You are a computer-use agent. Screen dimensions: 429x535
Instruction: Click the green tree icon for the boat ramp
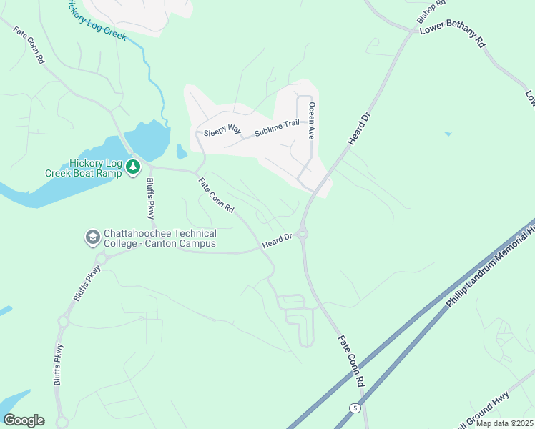coord(133,167)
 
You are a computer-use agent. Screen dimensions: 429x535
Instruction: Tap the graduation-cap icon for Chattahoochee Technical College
coord(92,237)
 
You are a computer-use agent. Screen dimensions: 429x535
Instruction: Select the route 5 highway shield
coord(355,408)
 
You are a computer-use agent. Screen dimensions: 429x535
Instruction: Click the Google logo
coord(24,420)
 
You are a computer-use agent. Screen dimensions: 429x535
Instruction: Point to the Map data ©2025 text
coord(504,423)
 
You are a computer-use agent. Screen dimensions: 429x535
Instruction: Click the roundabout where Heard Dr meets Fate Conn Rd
coord(302,233)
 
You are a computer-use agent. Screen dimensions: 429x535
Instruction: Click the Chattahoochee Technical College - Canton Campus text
coord(159,239)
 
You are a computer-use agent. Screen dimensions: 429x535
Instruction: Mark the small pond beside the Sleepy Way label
coord(181,152)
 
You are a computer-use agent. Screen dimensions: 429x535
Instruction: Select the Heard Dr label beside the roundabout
coord(278,241)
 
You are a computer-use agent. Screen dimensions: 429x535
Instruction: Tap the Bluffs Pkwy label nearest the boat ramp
coord(150,199)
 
